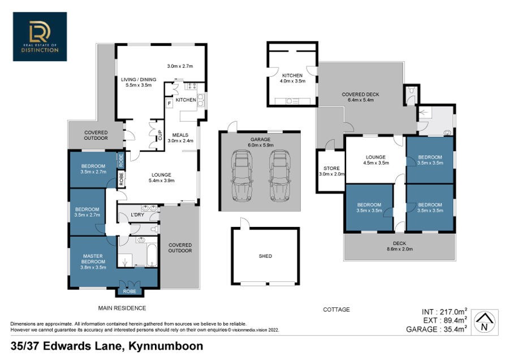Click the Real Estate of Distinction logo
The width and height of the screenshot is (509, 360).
tap(40, 37)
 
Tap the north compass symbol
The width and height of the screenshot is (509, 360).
tap(484, 322)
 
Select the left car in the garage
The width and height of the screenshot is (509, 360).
tap(242, 175)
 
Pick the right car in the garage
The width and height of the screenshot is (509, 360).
tap(280, 175)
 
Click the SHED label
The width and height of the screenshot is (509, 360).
tap(265, 256)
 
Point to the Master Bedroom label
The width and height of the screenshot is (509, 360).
tap(93, 262)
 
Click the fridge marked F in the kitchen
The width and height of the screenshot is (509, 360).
tap(169, 104)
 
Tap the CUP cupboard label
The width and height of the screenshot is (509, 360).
tap(159, 135)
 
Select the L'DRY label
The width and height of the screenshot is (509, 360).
tap(137, 215)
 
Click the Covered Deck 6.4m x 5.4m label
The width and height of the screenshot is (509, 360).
tap(360, 97)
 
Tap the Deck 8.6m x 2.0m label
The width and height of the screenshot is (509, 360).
tap(399, 246)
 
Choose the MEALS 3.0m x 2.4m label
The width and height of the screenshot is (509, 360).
tap(180, 138)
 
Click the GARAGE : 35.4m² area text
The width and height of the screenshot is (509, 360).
tap(437, 329)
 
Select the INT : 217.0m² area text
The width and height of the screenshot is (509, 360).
tap(445, 311)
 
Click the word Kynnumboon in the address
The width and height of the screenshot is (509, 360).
tap(166, 346)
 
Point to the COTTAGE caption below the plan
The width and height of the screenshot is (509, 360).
tap(337, 309)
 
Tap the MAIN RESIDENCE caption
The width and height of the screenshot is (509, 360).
tap(122, 308)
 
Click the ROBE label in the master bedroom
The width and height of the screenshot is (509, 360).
tap(130, 292)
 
